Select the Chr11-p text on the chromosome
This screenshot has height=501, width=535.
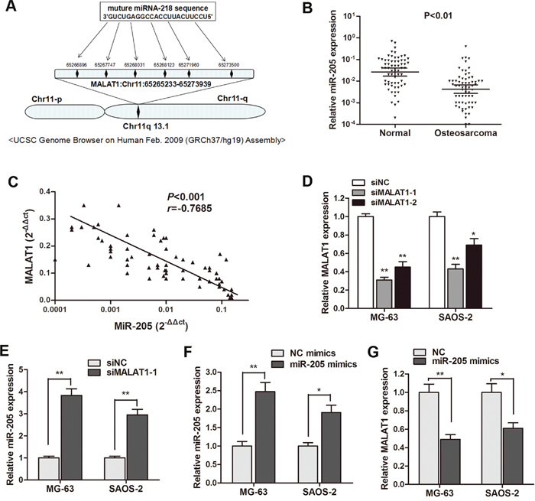(x=50, y=98)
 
